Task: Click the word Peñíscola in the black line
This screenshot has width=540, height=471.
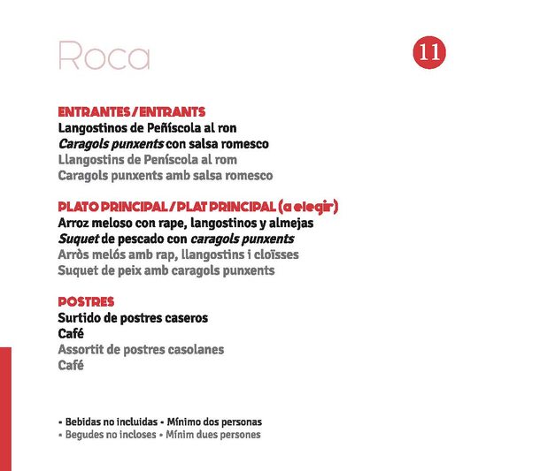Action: click(x=174, y=128)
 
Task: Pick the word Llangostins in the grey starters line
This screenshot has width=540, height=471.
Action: click(x=91, y=160)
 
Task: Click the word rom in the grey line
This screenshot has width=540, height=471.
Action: click(x=226, y=160)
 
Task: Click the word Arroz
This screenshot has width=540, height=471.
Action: click(x=75, y=224)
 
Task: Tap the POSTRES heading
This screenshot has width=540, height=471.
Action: click(x=86, y=302)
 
